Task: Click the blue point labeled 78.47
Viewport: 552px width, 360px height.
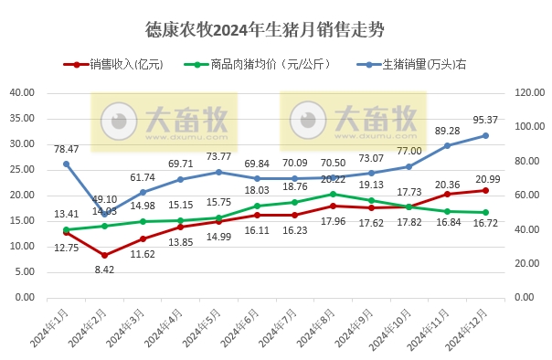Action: point(66,164)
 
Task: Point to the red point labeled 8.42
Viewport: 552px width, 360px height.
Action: point(104,255)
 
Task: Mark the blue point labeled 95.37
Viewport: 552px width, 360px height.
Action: point(485,135)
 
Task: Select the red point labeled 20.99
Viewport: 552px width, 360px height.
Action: point(485,190)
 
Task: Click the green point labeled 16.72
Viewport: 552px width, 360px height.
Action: point(485,213)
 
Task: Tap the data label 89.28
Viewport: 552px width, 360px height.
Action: point(447,132)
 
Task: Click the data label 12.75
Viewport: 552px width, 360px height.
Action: point(66,247)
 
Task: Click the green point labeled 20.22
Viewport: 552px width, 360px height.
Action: point(334,194)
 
